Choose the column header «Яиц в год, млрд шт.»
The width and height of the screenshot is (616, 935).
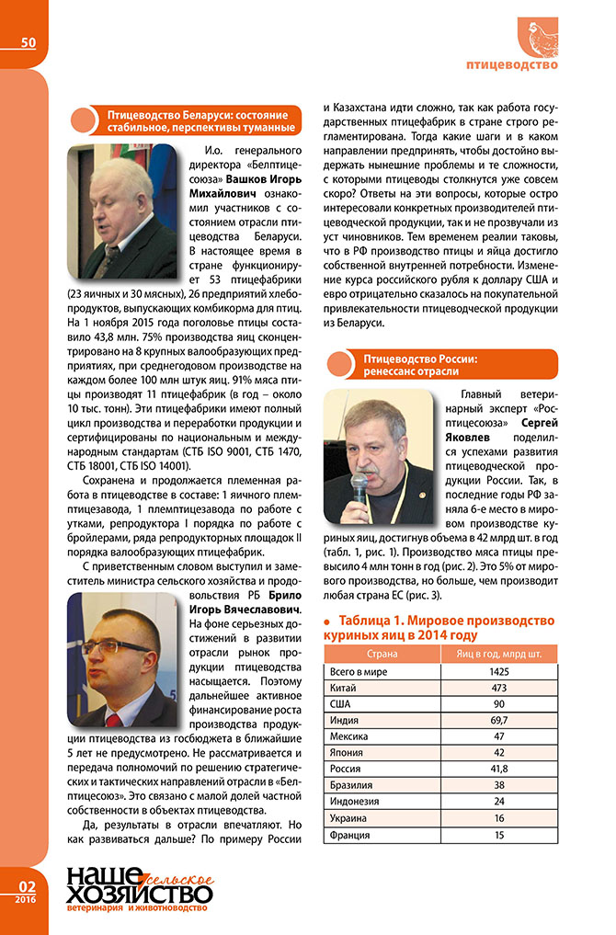[499, 654]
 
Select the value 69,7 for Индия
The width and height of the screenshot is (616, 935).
[499, 720]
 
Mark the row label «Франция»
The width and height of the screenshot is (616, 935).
[349, 836]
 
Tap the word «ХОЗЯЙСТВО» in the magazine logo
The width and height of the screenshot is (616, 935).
[138, 892]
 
